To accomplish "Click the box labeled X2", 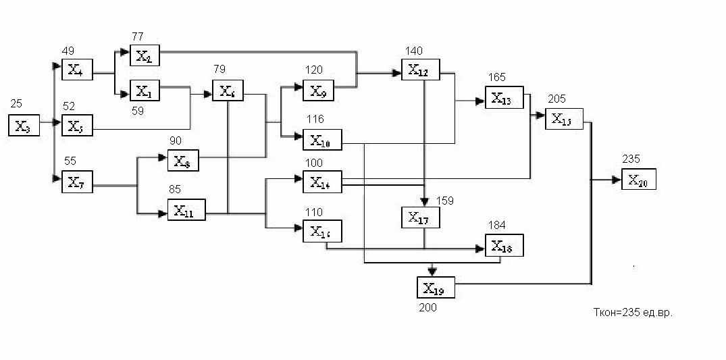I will point(144,55).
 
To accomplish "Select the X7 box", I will point(76,182).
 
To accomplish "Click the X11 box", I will point(186,211).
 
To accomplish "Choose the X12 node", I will point(420,70).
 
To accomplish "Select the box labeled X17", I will point(420,217).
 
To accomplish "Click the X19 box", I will point(435,288).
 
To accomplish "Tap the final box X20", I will point(638,180).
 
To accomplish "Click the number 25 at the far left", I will point(16,103).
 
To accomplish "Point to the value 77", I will point(138,36).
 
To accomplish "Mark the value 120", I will point(314,70).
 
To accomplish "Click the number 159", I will point(444,201).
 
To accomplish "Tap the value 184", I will point(498,225).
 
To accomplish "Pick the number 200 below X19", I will point(427,308).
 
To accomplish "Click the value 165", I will point(497,78).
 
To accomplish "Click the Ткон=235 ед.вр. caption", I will point(632,313).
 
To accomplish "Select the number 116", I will point(314,119).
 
